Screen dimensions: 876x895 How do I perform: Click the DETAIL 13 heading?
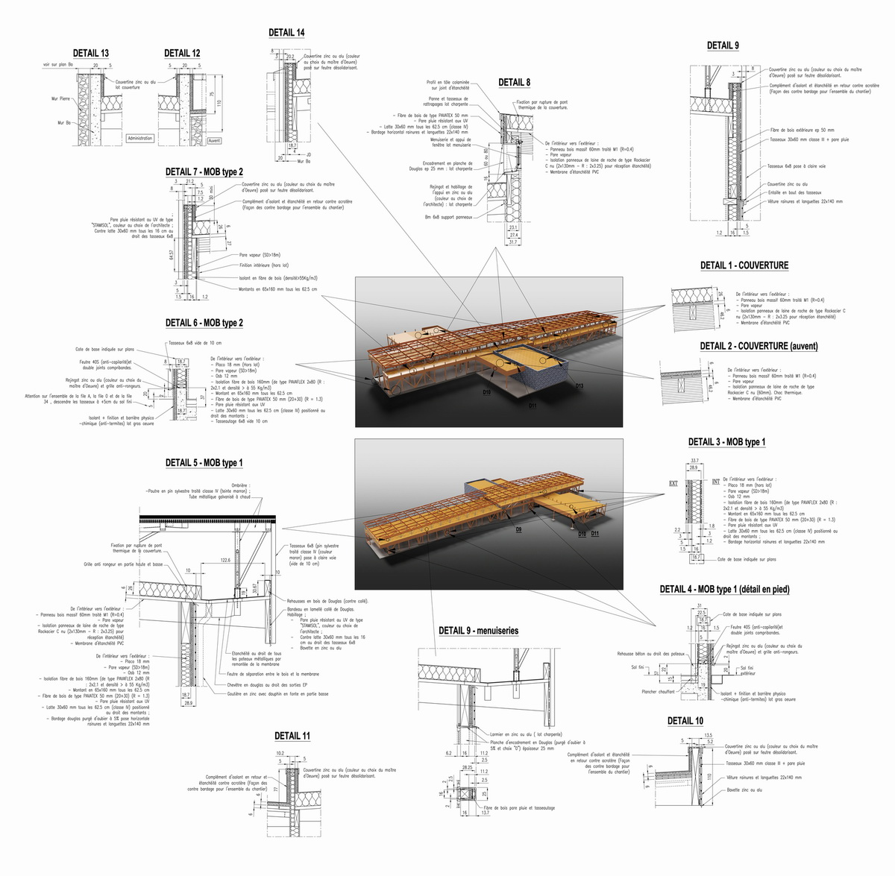90,53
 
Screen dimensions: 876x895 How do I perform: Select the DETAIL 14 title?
286,33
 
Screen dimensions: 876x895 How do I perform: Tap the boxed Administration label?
139,139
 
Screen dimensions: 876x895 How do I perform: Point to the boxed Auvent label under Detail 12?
214,140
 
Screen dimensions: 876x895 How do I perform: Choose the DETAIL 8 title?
515,83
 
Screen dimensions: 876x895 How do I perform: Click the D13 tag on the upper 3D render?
580,385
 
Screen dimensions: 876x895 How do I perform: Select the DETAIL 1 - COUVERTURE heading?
744,265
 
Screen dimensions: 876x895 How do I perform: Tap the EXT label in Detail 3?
672,483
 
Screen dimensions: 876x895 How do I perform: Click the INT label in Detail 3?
715,482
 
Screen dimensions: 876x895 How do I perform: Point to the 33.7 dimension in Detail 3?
695,461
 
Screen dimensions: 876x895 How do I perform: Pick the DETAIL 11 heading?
292,736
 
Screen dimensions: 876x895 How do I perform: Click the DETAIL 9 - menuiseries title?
478,631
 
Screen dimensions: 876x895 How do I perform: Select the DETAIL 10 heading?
685,721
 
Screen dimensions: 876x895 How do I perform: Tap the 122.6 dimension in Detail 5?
225,559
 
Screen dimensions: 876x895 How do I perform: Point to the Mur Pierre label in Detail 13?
61,98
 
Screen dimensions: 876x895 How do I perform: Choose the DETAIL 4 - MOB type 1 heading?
724,589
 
